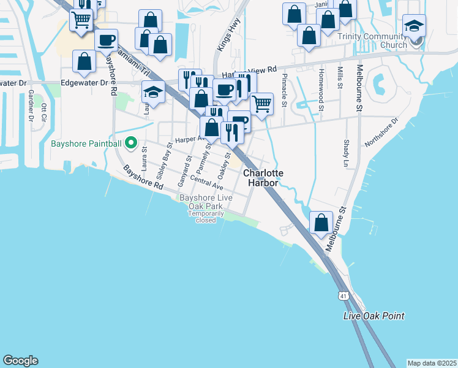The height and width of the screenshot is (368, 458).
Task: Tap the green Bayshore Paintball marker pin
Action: click(130, 144)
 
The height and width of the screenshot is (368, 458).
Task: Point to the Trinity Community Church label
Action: click(372, 40)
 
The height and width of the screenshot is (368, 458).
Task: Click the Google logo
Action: click(20, 361)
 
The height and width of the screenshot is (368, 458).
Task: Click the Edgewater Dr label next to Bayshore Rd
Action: click(84, 82)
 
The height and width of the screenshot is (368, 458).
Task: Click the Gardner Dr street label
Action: click(30, 105)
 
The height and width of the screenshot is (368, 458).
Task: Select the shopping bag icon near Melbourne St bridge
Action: click(321, 223)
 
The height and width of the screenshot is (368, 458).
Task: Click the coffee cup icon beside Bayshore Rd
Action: click(106, 40)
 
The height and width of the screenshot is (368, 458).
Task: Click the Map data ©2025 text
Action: click(432, 362)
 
